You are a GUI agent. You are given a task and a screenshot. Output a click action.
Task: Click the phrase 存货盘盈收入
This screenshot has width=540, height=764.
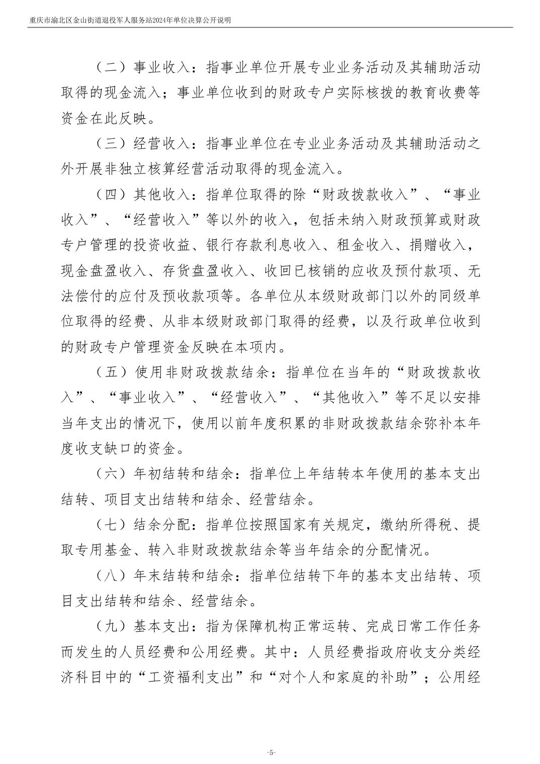pyautogui.click(x=206, y=271)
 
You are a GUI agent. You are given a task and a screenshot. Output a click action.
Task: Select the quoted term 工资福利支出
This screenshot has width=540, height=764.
pyautogui.click(x=191, y=677)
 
